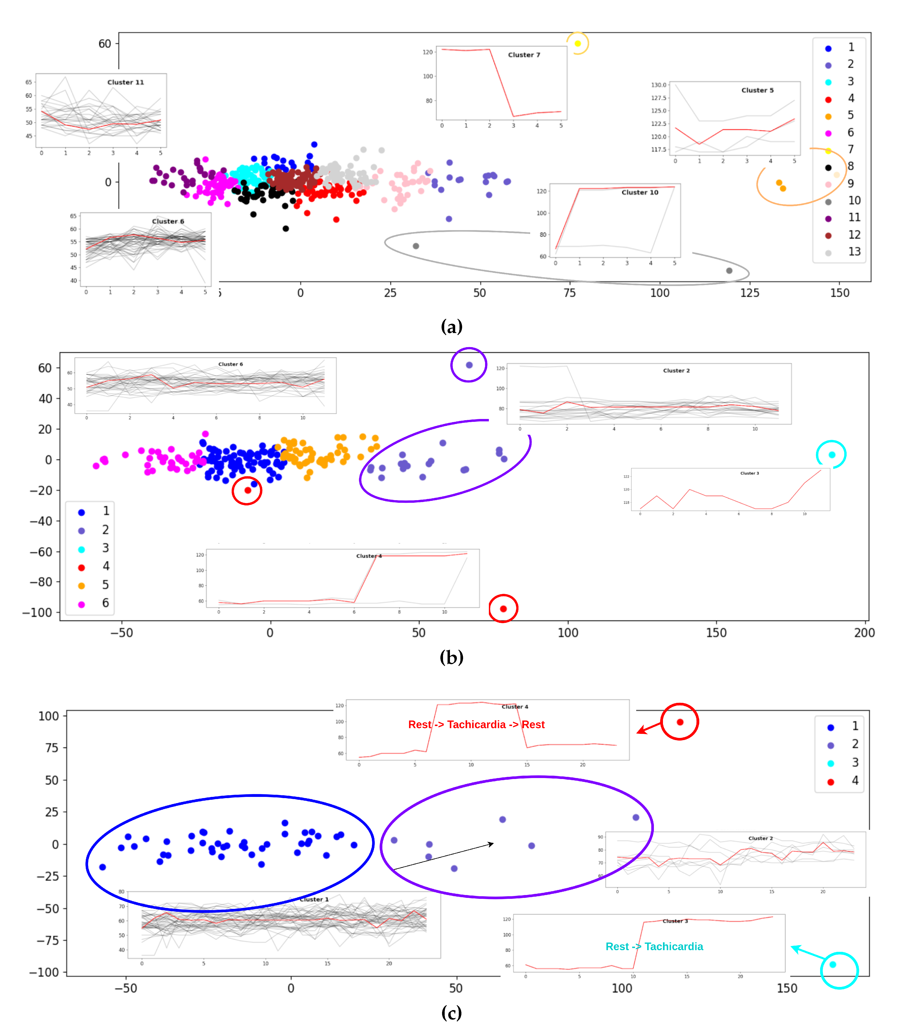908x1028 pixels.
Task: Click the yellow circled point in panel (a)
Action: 577,44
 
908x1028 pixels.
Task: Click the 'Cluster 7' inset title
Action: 524,55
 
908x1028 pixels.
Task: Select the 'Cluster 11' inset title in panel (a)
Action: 125,82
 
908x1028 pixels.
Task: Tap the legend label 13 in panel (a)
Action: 854,251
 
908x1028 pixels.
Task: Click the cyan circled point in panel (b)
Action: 832,455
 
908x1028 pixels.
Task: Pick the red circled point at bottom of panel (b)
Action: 503,609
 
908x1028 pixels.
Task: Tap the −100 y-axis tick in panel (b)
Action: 38,613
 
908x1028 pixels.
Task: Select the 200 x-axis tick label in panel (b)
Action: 864,633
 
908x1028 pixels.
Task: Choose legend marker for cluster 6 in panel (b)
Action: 81,604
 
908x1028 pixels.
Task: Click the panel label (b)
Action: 451,657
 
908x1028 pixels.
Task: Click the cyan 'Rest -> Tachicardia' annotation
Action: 654,947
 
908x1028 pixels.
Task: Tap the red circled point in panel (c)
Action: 680,722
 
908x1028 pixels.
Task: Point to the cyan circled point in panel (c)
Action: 833,965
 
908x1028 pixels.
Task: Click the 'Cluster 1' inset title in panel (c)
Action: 314,899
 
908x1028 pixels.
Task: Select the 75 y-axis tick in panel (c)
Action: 52,748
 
